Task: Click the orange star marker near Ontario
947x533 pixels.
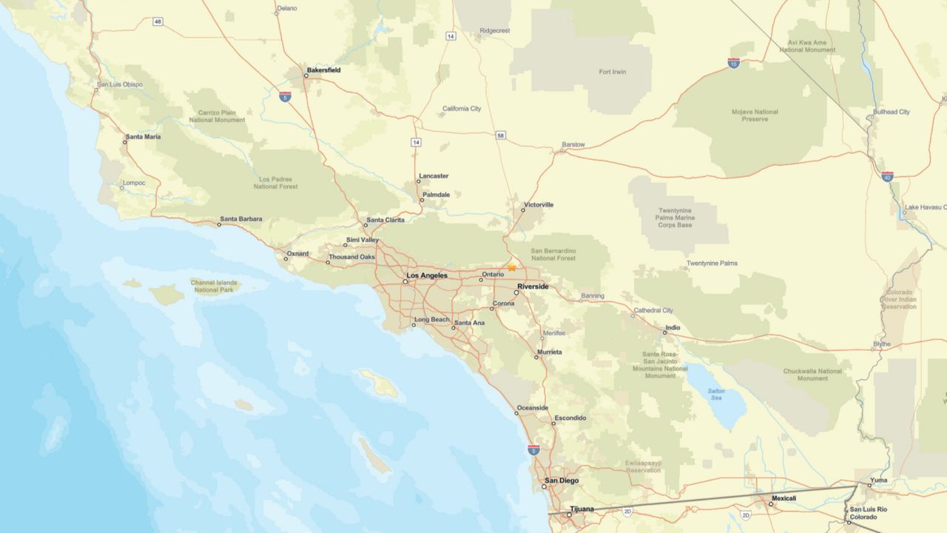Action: (511, 267)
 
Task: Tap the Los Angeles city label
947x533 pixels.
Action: (427, 275)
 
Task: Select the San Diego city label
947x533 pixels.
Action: (562, 480)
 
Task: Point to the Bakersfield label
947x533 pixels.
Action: (323, 71)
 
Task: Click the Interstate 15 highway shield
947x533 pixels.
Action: (733, 63)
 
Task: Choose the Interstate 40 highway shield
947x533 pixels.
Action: (887, 176)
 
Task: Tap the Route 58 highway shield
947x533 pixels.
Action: (501, 135)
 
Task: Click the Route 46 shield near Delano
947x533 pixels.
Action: (158, 21)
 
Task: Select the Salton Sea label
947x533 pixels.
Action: (715, 394)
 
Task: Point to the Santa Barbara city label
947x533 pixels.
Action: (240, 219)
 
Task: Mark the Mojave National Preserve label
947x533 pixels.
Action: (755, 115)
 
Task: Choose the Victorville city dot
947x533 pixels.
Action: (522, 210)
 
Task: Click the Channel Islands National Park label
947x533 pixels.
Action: (215, 286)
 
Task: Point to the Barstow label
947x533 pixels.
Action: (573, 144)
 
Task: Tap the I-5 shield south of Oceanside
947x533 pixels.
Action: (533, 449)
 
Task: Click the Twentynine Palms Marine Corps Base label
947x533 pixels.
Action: (674, 218)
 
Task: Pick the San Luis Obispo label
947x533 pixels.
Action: (119, 84)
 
